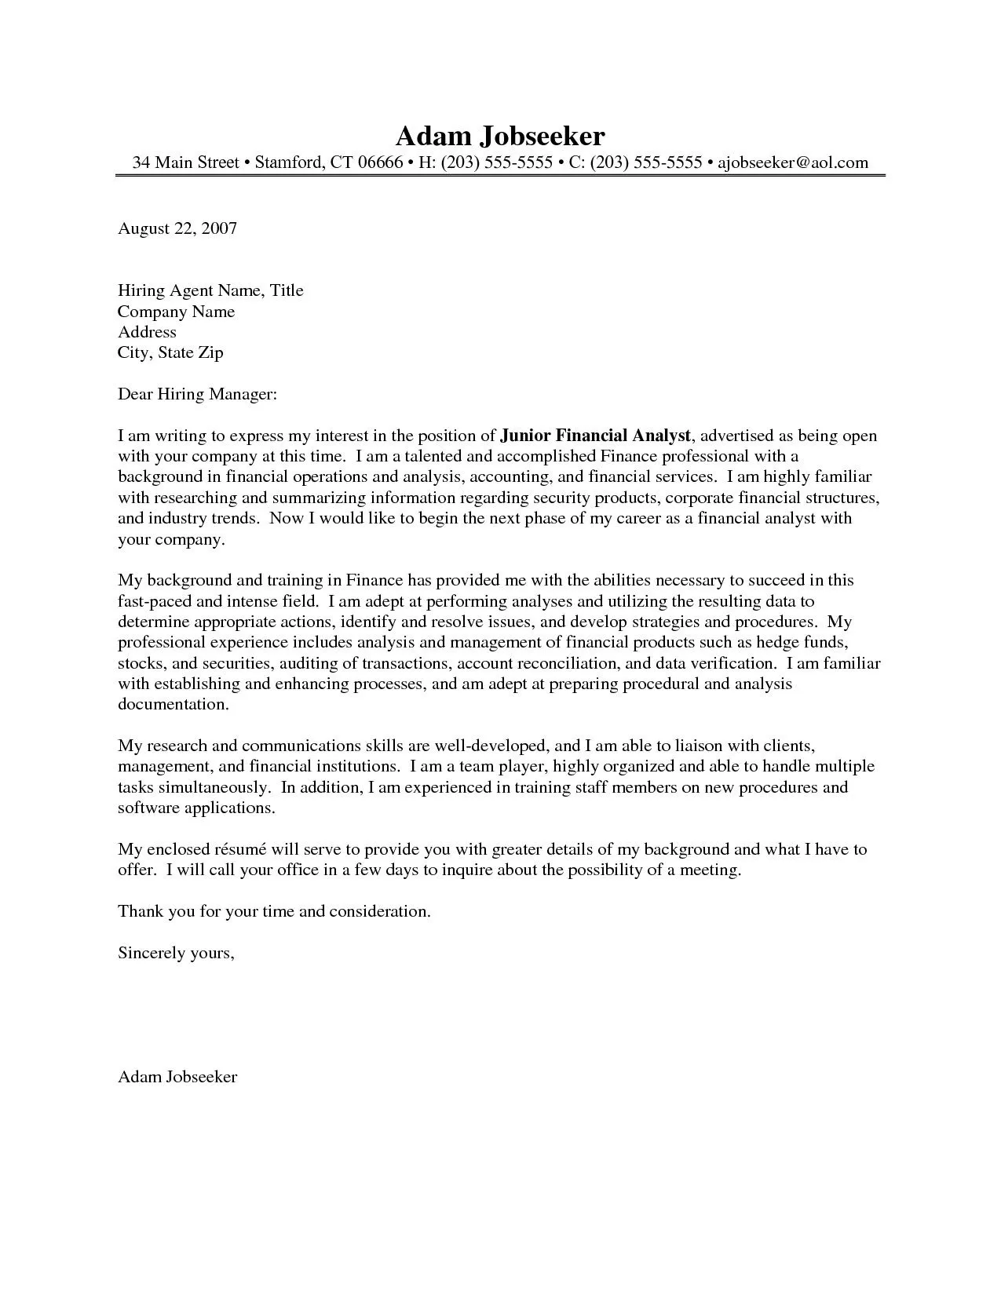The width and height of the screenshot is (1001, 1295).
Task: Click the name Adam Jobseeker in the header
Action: (500, 136)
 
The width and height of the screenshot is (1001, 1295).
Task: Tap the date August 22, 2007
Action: (177, 228)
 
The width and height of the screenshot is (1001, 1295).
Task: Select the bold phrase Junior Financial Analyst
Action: (596, 436)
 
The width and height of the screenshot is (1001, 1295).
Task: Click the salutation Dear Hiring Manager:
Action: (198, 394)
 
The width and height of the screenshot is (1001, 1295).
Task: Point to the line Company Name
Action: (177, 312)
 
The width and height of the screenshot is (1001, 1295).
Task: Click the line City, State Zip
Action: (170, 352)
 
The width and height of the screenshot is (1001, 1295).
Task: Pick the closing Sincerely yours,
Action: (176, 953)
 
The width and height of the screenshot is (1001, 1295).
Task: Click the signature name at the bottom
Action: (177, 1077)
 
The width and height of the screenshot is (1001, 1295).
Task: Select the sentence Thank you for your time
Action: (274, 911)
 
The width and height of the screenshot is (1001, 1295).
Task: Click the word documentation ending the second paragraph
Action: (173, 704)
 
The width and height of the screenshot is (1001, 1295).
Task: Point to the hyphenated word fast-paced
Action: (154, 602)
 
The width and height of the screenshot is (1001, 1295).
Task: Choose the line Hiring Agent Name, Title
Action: (210, 290)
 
